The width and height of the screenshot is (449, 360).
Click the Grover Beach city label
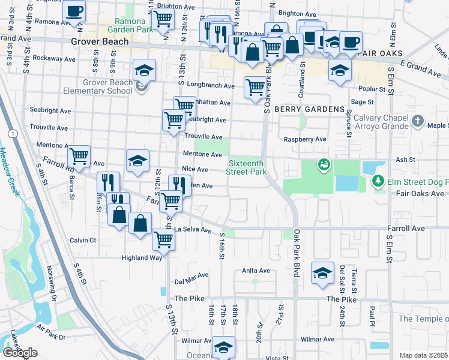click(100, 41)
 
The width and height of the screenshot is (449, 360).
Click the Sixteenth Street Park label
click(247, 167)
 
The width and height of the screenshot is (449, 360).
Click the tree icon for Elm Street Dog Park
click(378, 180)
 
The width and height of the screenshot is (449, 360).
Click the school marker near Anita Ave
click(322, 273)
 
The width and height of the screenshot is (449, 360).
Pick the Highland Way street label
click(142, 257)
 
